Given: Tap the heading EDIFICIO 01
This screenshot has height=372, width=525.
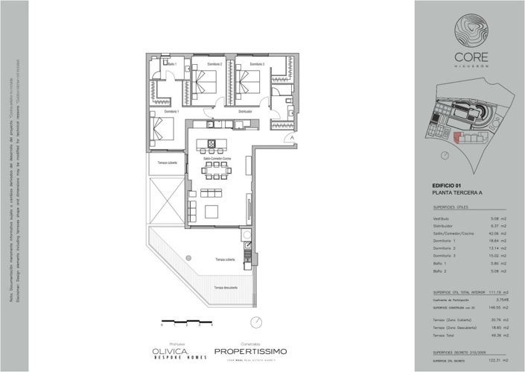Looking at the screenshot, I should click(448, 185).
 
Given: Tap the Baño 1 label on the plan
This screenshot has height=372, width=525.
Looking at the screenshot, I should click(171, 65).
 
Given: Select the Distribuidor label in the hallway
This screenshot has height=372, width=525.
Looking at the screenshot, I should click(245, 112).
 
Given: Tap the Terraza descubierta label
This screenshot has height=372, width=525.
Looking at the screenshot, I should click(226, 287).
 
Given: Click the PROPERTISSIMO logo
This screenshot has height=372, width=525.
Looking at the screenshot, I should click(250, 350).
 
